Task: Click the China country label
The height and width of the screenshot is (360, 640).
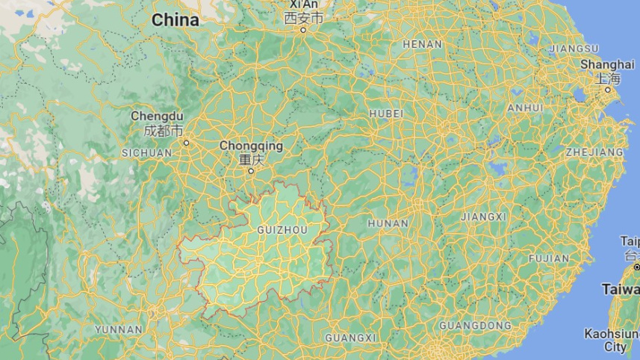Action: [175, 20]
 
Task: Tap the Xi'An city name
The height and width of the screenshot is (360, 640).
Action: [304, 10]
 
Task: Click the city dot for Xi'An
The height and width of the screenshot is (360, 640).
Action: [303, 31]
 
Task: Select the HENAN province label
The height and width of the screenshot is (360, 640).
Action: [422, 44]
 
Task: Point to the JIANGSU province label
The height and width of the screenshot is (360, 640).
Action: [574, 49]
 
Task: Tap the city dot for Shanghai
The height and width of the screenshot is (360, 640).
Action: [608, 90]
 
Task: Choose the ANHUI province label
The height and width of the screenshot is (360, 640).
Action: [525, 108]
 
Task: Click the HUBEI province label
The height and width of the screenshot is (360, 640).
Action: [386, 114]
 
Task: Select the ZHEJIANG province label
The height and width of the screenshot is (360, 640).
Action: [595, 152]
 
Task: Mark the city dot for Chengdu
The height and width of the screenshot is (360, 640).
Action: [186, 142]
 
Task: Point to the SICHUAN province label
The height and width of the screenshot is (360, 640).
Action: [146, 152]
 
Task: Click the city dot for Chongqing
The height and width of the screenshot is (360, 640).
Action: [251, 171]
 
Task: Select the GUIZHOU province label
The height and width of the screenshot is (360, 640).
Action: [282, 229]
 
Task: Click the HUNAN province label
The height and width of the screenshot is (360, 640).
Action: [388, 223]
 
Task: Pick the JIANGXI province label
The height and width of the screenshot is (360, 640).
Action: [483, 217]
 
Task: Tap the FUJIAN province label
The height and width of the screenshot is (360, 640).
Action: [548, 258]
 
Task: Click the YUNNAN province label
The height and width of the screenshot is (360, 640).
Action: [118, 329]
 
